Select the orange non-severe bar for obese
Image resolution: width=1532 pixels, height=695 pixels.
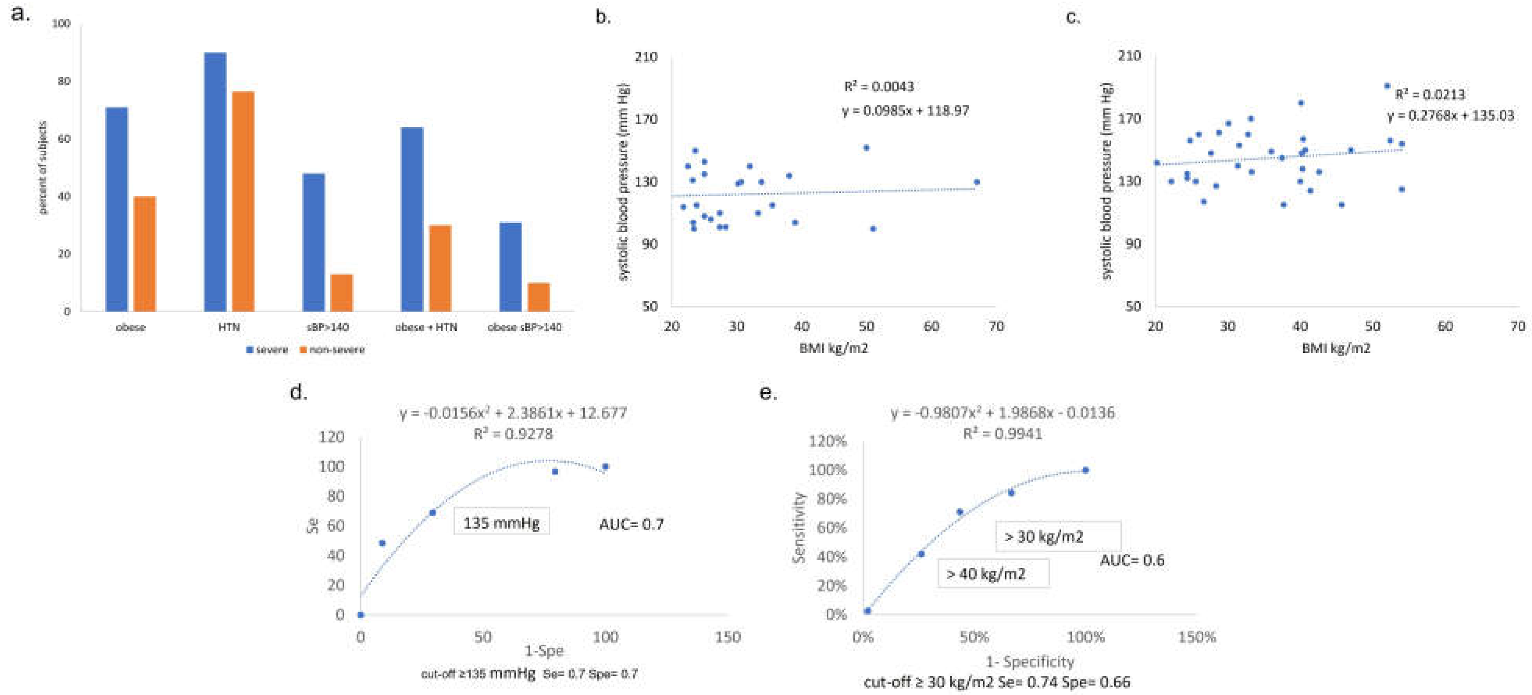(144, 254)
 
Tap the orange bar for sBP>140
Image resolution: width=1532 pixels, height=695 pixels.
(342, 293)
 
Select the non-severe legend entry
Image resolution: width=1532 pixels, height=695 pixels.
(333, 350)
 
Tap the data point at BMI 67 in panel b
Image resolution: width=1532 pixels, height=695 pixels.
(977, 182)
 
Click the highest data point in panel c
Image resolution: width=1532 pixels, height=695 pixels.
(1387, 85)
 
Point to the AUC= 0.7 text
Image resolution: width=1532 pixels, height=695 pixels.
(631, 524)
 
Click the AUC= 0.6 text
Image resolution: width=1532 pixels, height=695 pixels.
(1132, 560)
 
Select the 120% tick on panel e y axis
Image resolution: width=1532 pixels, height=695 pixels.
(827, 441)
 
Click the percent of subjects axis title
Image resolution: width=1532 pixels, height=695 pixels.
(42, 168)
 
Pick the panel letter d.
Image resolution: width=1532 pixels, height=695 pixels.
(298, 393)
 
